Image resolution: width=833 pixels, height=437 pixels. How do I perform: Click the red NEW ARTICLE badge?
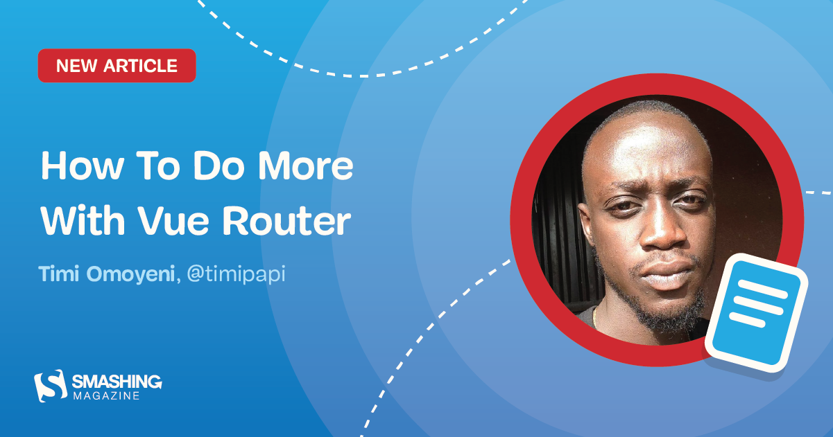117,66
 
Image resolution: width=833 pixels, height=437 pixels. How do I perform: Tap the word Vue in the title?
183,221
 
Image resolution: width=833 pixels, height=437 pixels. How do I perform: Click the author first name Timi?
59,274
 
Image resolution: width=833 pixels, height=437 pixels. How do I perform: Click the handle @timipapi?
237,274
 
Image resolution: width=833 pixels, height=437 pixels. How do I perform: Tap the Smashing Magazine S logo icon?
50,386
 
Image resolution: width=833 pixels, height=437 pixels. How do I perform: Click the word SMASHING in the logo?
117,381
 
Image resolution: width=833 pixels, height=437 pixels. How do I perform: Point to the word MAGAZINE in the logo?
106,395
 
